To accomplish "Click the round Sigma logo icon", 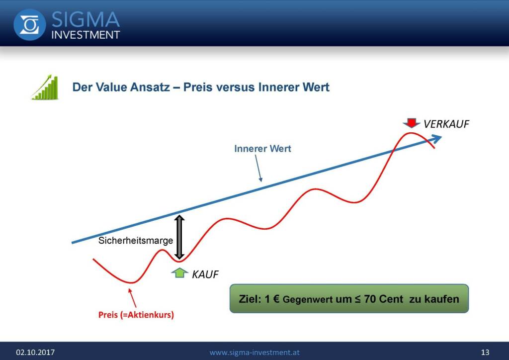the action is pos(29,25).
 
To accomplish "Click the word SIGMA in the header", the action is pos(85,19).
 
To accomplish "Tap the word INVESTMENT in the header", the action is pos(85,35).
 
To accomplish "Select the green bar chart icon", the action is pos(45,87).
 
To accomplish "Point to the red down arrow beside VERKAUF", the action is pos(411,123).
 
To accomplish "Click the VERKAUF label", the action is pos(446,124).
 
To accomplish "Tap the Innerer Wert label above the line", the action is pos(262,149).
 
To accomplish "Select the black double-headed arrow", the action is pos(179,237).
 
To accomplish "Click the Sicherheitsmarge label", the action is pos(136,241).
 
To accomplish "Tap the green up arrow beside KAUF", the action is pos(180,272).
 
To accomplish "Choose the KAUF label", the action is pos(205,274).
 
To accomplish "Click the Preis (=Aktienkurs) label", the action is pos(136,315).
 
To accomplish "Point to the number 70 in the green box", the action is pos(370,299).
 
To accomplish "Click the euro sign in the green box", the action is pos(276,299).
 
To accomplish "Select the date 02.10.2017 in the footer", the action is pos(35,352).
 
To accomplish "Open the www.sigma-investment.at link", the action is pos(254,352).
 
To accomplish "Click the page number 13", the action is pos(485,352).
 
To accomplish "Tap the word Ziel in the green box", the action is pos(250,299).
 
